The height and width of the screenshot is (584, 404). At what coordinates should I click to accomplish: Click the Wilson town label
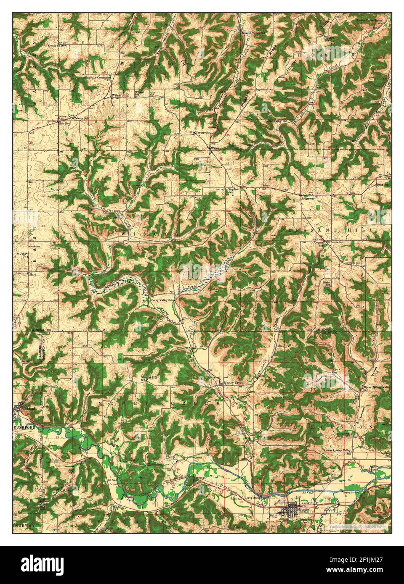tap(117, 96)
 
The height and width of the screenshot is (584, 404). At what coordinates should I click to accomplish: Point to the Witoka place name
tap(216, 149)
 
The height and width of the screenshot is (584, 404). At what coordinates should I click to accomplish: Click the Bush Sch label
tap(382, 184)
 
